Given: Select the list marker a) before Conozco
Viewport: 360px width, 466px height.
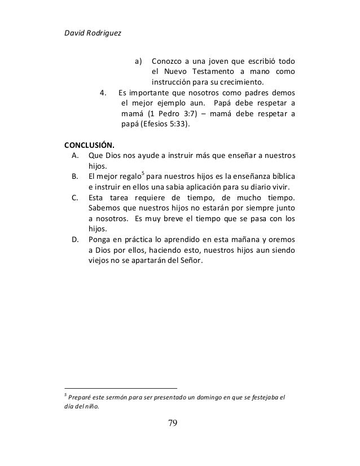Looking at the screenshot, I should [138, 60].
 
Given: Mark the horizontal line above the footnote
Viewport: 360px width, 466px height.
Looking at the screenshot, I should [121, 388].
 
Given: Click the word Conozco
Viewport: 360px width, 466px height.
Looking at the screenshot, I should [168, 60].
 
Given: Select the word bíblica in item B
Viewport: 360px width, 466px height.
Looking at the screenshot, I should [286, 177].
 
